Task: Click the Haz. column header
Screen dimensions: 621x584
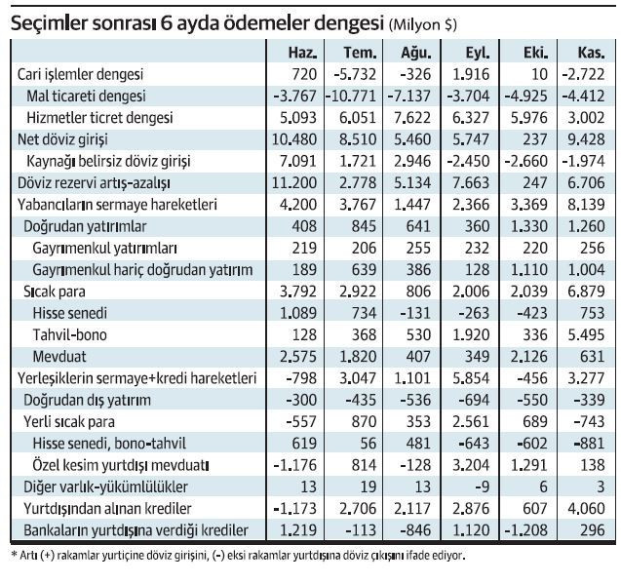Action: click(x=302, y=53)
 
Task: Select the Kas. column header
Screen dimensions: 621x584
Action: click(x=591, y=53)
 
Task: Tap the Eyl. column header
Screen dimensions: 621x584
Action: click(x=478, y=53)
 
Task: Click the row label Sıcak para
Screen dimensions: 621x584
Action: click(x=55, y=292)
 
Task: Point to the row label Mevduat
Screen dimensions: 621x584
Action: click(x=59, y=357)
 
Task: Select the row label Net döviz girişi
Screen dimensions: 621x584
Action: click(x=62, y=139)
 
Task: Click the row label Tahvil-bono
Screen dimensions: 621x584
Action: click(x=70, y=334)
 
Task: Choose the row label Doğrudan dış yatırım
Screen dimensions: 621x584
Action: click(x=87, y=400)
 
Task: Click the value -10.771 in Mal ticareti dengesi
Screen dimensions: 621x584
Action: click(x=351, y=96)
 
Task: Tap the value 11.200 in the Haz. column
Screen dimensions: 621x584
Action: click(x=294, y=182)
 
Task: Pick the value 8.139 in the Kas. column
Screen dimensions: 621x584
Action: click(x=586, y=205)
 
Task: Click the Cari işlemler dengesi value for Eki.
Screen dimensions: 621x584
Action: click(x=538, y=74)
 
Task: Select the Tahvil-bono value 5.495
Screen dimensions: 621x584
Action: click(x=586, y=334)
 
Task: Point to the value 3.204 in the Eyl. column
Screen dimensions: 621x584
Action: click(x=471, y=465)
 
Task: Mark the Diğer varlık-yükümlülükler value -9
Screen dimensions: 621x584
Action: click(x=482, y=487)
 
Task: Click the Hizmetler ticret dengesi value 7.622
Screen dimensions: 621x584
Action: click(x=411, y=118)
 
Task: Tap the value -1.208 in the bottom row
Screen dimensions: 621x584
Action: click(x=526, y=530)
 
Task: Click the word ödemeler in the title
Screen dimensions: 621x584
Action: click(x=266, y=23)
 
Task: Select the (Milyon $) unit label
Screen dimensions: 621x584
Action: click(x=423, y=25)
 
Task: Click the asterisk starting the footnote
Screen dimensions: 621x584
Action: click(x=14, y=554)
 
